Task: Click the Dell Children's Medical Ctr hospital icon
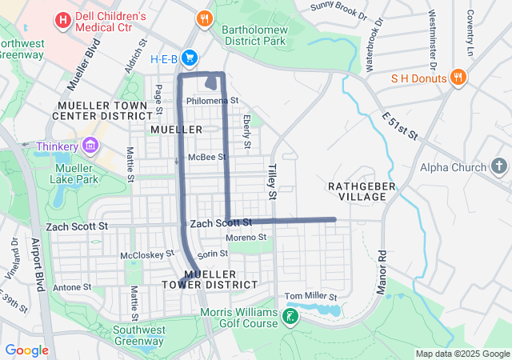click(62, 18)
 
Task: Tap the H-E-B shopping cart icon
click(190, 58)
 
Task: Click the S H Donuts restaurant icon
click(458, 78)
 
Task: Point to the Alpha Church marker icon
click(499, 167)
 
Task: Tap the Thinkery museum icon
click(90, 146)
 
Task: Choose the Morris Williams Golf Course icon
click(290, 318)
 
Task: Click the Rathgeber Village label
click(357, 190)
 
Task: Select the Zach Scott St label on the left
click(77, 227)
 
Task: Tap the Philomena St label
click(212, 101)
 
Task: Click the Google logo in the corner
click(26, 350)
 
